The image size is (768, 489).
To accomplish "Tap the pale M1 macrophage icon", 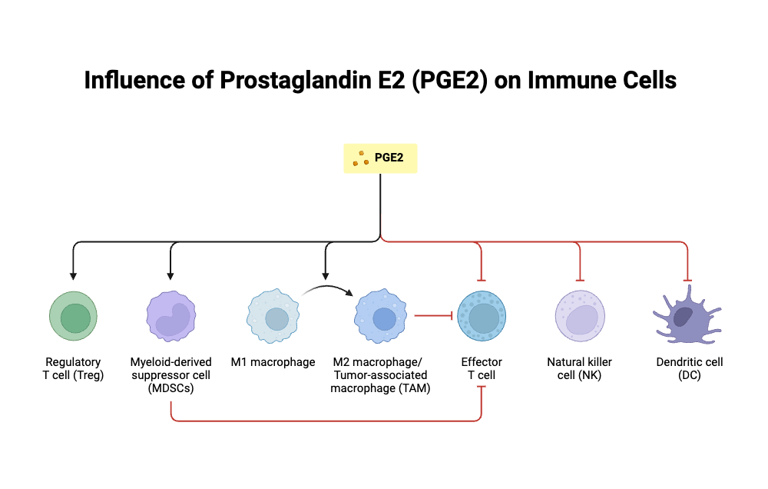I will [x=273, y=317].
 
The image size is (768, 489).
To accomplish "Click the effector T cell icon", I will [x=482, y=316].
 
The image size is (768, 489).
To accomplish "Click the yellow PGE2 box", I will [x=380, y=158].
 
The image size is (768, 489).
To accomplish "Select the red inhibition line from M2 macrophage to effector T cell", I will [x=432, y=315].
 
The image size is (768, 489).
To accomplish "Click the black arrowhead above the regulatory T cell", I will [x=73, y=274].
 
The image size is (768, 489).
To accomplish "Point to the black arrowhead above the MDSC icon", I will [x=170, y=274].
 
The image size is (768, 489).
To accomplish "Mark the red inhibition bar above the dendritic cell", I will [x=687, y=280].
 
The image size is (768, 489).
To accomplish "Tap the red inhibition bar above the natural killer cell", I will [x=580, y=280].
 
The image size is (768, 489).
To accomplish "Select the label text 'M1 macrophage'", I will [x=273, y=362].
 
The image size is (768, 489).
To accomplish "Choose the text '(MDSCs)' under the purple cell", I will [x=170, y=388].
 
